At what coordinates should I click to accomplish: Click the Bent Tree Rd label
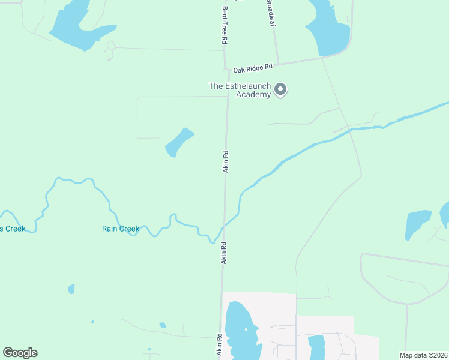click(x=224, y=24)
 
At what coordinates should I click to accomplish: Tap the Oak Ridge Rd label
click(x=253, y=68)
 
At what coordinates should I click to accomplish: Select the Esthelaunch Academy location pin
click(x=280, y=91)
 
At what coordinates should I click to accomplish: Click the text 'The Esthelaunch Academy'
click(x=240, y=90)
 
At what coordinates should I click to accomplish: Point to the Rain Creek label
click(x=121, y=229)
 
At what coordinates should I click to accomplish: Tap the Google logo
click(x=20, y=353)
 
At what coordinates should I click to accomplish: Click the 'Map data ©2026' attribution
click(x=424, y=355)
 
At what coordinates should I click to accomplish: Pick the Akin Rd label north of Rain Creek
click(x=226, y=161)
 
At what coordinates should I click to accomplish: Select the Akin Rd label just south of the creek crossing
click(x=223, y=253)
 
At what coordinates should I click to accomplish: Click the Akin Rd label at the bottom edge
click(x=220, y=346)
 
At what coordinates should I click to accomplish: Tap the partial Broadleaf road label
click(x=271, y=8)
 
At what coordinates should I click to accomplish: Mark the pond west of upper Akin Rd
click(x=179, y=142)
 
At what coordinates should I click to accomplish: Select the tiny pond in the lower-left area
click(x=71, y=289)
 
